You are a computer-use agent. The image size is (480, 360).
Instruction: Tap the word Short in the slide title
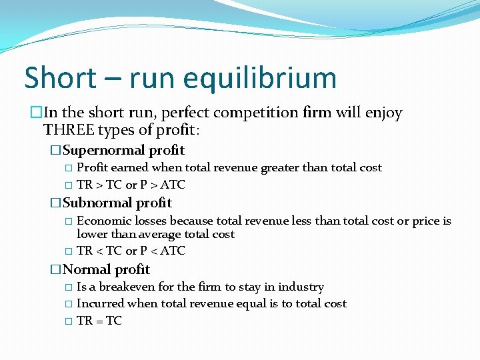(x=60, y=78)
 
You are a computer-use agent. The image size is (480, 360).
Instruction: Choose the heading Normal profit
(x=106, y=269)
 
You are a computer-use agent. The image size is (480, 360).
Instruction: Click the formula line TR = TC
(x=99, y=321)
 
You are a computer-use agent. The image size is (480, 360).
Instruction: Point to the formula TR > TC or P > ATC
(x=131, y=185)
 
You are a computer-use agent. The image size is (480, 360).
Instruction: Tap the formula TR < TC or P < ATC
(x=131, y=251)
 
